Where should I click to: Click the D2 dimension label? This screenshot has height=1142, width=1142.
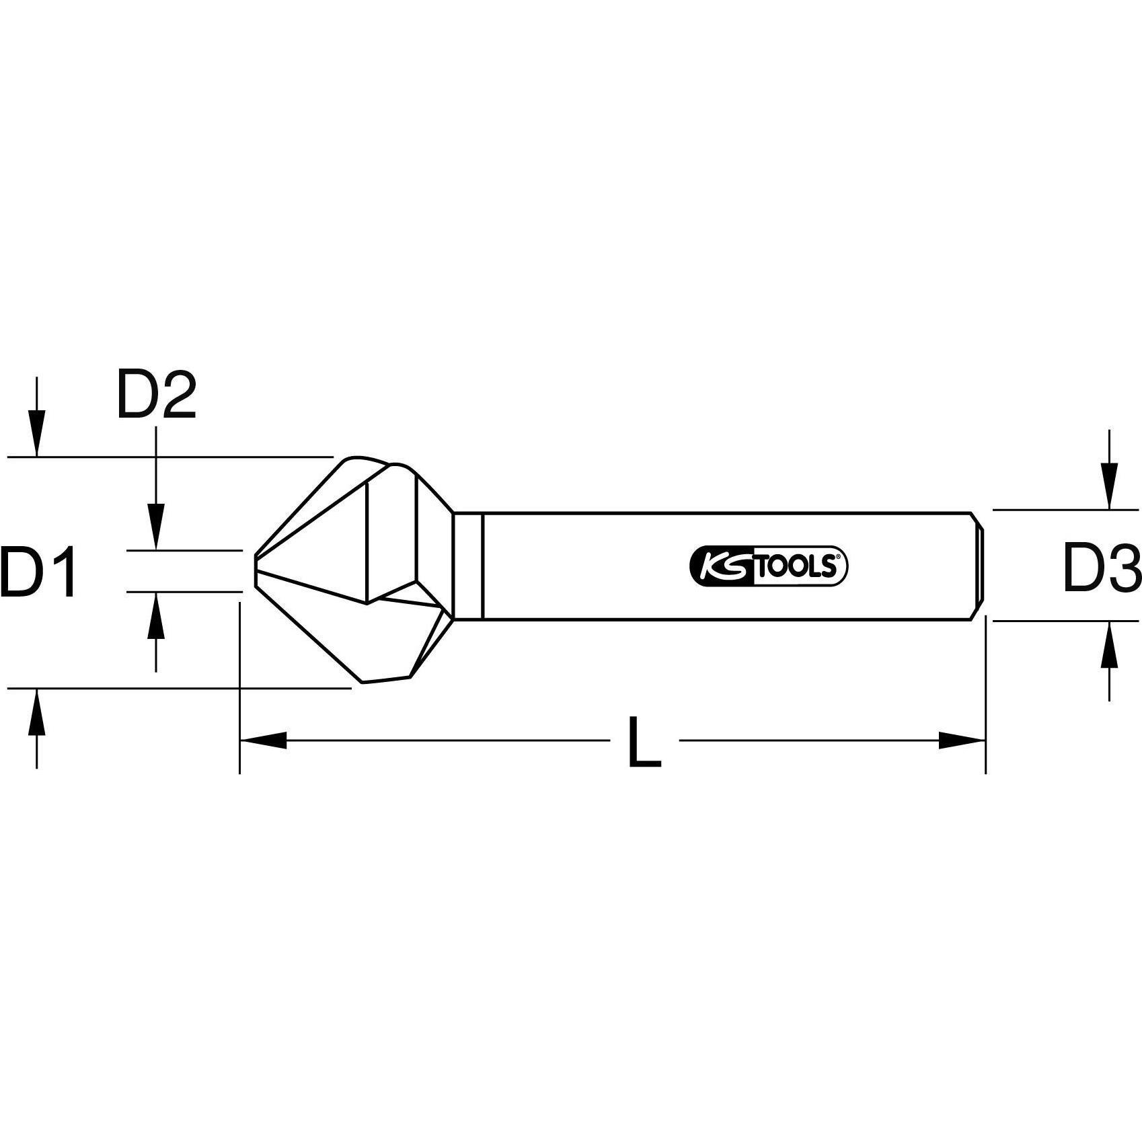[156, 395]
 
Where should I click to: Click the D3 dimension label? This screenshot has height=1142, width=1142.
[1101, 570]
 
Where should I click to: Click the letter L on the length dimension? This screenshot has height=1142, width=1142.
[644, 743]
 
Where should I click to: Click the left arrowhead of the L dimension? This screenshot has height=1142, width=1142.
[262, 740]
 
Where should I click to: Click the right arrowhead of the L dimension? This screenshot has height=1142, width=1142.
[962, 740]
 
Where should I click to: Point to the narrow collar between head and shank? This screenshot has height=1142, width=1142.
[468, 566]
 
